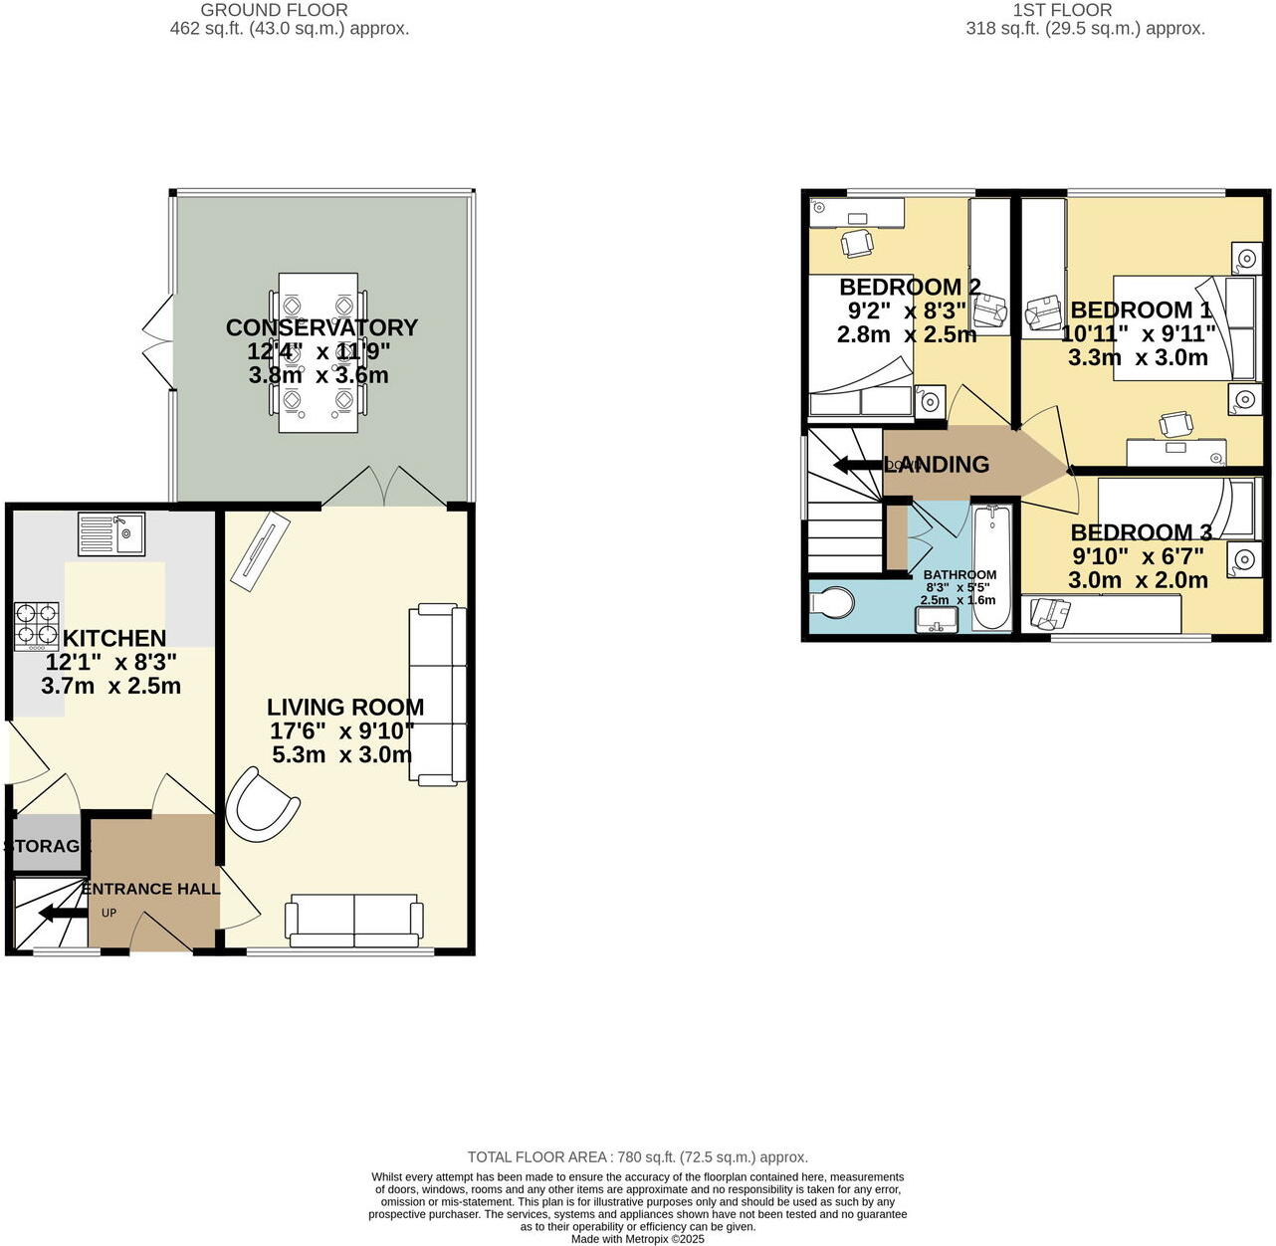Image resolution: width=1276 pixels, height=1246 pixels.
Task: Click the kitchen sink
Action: click(x=111, y=533)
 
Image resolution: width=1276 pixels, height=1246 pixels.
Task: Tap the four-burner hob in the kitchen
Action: click(x=35, y=627)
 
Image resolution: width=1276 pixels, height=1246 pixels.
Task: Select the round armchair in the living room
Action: click(x=261, y=805)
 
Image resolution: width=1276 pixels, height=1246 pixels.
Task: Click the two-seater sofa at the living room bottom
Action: click(x=354, y=921)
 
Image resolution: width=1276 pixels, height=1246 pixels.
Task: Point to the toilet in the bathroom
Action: click(x=832, y=603)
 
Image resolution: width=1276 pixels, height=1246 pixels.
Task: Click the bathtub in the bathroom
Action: click(x=990, y=567)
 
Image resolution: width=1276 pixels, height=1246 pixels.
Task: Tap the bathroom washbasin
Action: click(x=937, y=619)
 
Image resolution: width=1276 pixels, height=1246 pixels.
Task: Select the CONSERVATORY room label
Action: click(x=321, y=327)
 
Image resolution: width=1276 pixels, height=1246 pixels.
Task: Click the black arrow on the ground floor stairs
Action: click(x=61, y=914)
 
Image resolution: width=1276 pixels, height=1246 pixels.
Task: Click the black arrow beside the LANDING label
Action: click(x=856, y=465)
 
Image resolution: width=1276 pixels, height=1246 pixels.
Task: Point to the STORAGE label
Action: click(x=47, y=846)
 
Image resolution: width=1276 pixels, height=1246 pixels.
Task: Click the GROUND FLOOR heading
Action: click(x=274, y=10)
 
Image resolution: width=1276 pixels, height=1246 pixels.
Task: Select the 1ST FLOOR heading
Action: click(x=1061, y=10)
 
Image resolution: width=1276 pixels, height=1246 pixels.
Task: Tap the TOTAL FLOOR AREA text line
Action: click(x=637, y=1157)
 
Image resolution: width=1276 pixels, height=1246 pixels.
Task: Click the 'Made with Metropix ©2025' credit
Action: click(x=637, y=1239)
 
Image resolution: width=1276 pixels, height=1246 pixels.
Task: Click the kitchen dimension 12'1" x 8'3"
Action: click(x=111, y=662)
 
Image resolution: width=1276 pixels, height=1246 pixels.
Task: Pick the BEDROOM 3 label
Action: click(x=1141, y=532)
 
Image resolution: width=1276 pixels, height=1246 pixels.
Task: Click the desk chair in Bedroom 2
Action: click(x=857, y=242)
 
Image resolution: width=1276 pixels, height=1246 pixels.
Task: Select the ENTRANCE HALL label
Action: click(x=150, y=889)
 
